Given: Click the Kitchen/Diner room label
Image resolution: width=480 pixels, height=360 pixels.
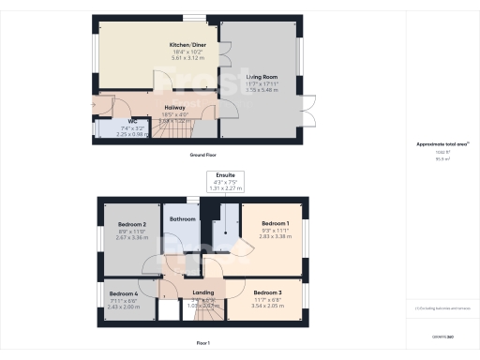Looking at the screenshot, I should tap(182, 44).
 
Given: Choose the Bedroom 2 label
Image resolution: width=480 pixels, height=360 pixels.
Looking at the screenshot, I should tap(132, 225).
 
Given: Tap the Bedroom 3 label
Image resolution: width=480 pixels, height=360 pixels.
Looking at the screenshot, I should tap(267, 292).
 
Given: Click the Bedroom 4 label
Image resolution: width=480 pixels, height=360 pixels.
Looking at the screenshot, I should tap(123, 293).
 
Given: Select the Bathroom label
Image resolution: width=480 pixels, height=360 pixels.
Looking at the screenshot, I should tap(182, 219).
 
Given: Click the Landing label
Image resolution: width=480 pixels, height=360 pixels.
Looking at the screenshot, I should tap(203, 293).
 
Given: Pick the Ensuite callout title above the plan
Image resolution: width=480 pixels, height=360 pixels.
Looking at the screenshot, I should tap(225, 175).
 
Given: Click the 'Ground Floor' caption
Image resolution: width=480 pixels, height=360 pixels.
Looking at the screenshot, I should tap(204, 153).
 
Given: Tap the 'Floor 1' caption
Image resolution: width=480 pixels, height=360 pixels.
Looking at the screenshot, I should tap(202, 343).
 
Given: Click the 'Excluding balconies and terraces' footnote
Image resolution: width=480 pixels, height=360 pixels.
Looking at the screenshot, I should tap(442, 307).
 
